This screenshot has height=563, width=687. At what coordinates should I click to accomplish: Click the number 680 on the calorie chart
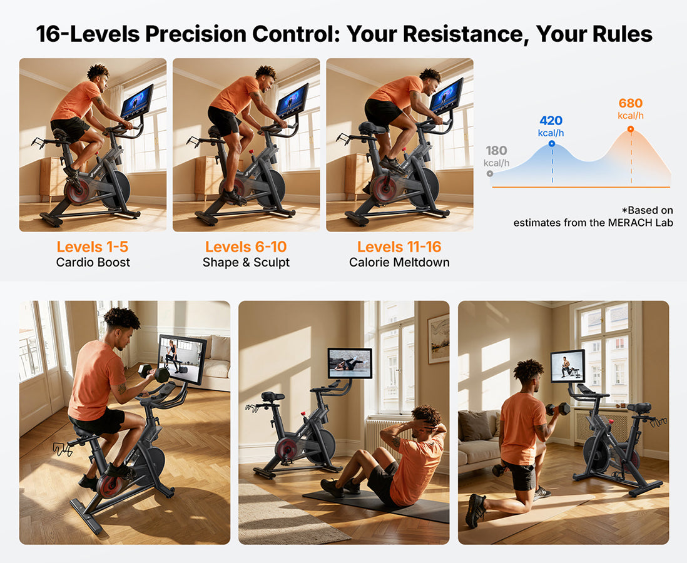tap(631, 103)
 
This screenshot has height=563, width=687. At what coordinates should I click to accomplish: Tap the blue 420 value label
tap(551, 121)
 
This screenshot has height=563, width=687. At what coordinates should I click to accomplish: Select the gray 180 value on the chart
tap(496, 151)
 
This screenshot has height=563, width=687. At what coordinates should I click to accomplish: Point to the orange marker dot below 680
tap(631, 129)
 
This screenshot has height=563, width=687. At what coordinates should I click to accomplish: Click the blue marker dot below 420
tap(552, 144)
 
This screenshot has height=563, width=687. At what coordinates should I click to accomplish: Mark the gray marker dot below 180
tap(490, 173)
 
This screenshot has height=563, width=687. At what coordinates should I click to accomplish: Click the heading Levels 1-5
tap(93, 246)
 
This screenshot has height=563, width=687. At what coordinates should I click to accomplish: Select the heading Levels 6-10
tap(246, 246)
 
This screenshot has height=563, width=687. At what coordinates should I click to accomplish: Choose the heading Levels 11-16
tap(399, 246)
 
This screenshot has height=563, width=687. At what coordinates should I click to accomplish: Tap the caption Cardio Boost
tap(93, 262)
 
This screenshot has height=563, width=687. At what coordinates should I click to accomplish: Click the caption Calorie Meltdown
tap(399, 262)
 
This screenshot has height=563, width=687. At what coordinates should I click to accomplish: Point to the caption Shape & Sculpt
tap(246, 263)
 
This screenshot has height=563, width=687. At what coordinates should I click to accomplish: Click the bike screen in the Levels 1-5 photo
tap(137, 101)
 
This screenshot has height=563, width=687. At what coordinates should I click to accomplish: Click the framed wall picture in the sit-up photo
tap(438, 338)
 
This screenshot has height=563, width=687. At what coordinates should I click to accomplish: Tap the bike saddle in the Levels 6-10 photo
tap(215, 131)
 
